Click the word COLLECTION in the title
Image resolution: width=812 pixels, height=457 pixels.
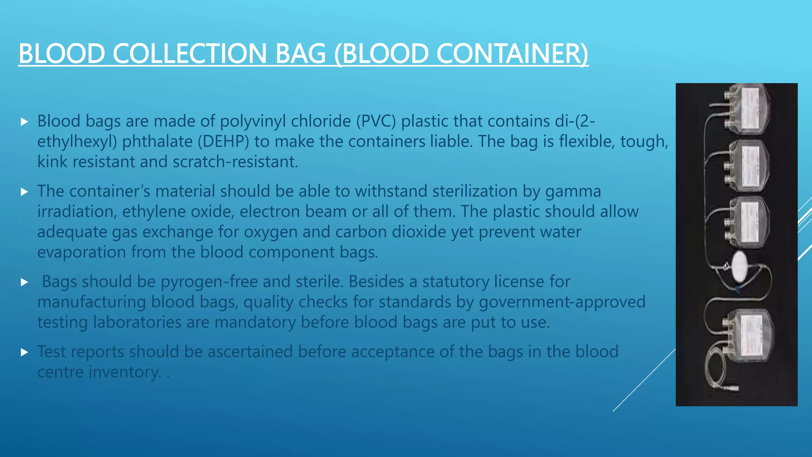click(x=190, y=54)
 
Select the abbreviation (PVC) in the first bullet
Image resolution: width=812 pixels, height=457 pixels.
click(x=376, y=121)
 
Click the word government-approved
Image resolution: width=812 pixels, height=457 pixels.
click(x=562, y=302)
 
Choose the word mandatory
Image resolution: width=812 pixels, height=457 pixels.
click(x=255, y=322)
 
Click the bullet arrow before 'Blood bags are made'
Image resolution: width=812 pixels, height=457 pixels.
click(x=24, y=121)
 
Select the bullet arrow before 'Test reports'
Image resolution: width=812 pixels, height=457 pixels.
click(x=24, y=352)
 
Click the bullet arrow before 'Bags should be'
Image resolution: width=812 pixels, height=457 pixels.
click(x=24, y=282)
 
